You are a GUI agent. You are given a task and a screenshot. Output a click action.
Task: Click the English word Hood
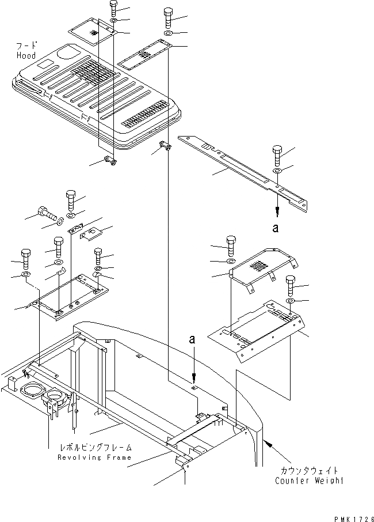(26, 56)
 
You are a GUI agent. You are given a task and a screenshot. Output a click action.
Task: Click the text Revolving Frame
(94, 457)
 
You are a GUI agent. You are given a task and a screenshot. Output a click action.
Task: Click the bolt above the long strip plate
(276, 156)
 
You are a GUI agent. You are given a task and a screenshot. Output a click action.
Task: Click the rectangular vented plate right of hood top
(144, 56)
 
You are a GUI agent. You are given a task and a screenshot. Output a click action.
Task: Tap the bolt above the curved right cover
(231, 244)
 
